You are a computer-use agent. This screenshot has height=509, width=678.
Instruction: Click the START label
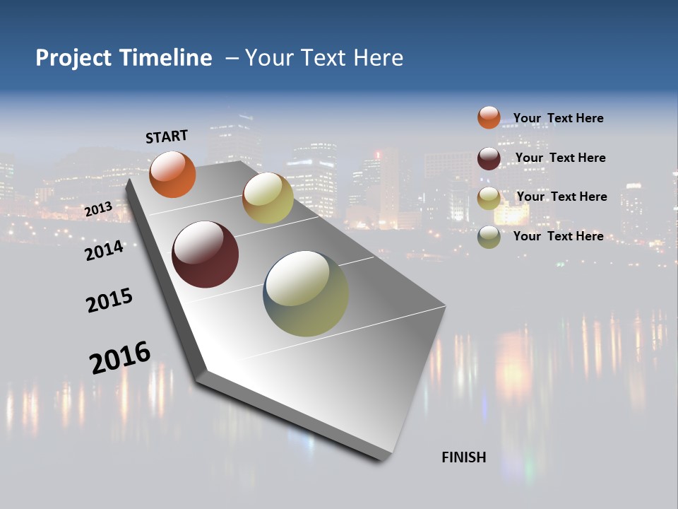(167, 136)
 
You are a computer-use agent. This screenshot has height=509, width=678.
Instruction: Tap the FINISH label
(464, 457)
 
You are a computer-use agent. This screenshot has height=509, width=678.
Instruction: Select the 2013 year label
(98, 210)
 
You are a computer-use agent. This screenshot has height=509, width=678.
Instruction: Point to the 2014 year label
(104, 250)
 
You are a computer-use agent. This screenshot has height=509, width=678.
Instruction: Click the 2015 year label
(109, 300)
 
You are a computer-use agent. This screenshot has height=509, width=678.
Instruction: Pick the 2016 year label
(120, 357)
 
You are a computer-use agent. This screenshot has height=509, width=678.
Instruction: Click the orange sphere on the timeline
(173, 175)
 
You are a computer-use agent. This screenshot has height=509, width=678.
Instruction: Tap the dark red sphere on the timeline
(205, 255)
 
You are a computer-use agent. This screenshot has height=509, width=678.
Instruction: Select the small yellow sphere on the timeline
(268, 198)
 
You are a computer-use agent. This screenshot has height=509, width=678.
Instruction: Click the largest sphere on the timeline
(306, 293)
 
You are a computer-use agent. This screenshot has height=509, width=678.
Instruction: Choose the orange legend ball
(489, 117)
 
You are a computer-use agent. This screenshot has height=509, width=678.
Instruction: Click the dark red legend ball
(489, 158)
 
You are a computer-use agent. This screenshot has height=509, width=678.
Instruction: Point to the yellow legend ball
(489, 198)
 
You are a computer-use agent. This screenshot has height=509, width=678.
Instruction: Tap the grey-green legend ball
(489, 237)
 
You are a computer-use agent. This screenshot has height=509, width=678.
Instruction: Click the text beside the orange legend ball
(558, 118)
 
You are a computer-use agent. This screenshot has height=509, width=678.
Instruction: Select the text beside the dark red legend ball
(560, 158)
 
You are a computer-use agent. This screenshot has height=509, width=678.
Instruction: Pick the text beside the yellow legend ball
(561, 197)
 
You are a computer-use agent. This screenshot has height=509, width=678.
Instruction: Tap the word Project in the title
(74, 58)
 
